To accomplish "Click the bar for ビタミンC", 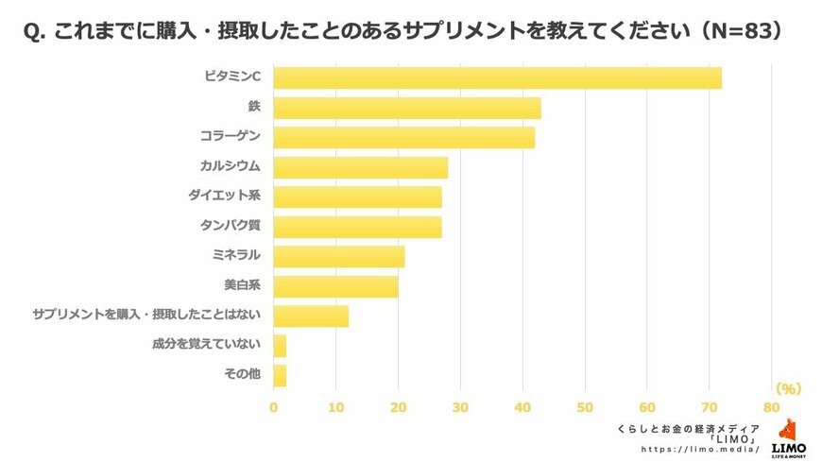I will [x=497, y=77].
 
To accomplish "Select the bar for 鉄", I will [x=407, y=108].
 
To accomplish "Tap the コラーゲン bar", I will [x=403, y=137].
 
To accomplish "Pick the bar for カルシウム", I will [x=360, y=167].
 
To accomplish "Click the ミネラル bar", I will [x=338, y=256].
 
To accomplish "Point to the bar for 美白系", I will [x=335, y=286].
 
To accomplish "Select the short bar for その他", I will [x=280, y=375].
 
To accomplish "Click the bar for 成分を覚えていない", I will [x=280, y=346].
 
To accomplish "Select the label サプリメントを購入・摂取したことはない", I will [x=146, y=316].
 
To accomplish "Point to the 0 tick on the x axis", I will [x=274, y=408].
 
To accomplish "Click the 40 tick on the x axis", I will [x=522, y=408].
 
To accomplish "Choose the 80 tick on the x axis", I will [x=772, y=408].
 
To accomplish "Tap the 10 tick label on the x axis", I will [x=335, y=408].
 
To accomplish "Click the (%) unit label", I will [x=787, y=388].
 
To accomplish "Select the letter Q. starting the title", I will [x=33, y=32].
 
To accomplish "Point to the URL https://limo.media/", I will [x=700, y=450].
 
